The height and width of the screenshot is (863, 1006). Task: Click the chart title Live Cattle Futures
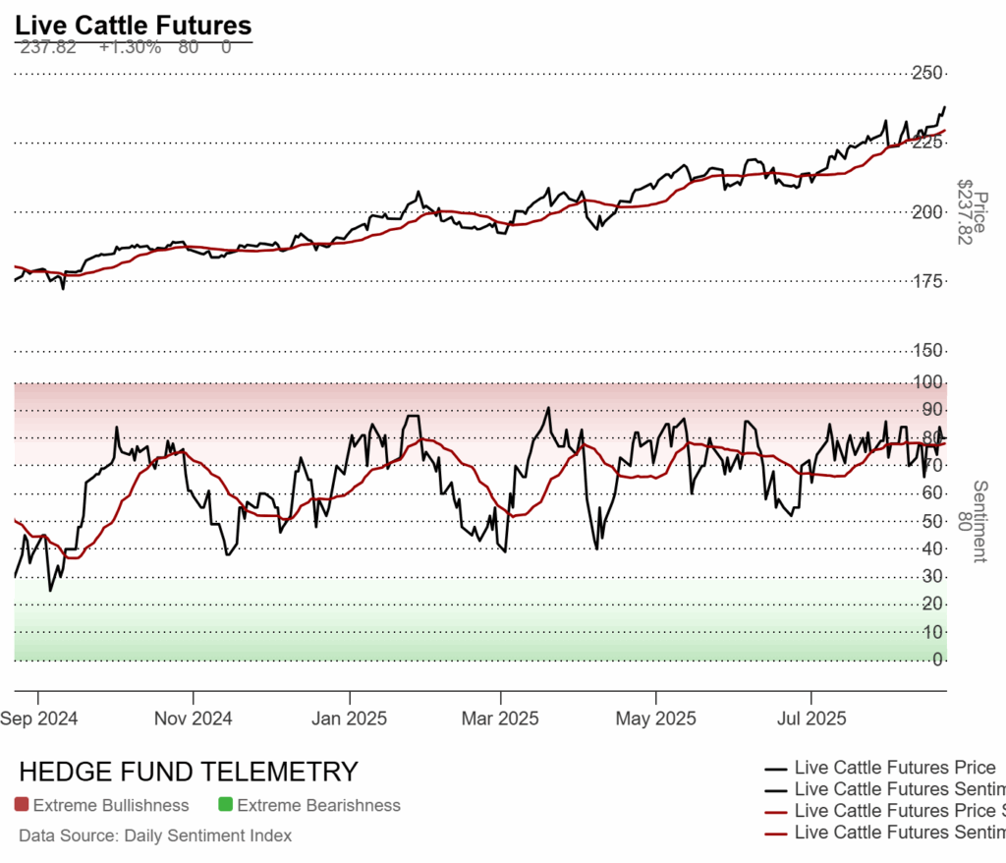click(134, 26)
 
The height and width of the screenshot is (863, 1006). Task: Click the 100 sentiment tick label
click(930, 382)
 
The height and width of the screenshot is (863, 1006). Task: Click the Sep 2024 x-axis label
click(39, 719)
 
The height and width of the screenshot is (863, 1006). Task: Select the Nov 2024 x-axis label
click(194, 719)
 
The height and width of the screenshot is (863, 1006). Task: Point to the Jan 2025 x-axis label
click(349, 719)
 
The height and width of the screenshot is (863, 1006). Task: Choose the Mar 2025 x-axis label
click(500, 719)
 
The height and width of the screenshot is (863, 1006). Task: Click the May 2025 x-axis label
click(655, 719)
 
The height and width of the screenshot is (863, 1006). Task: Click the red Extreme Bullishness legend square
click(22, 806)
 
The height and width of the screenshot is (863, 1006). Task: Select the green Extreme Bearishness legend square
click(225, 806)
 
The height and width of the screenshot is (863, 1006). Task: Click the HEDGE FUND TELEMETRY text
click(189, 772)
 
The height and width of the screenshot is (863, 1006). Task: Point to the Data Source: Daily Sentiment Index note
click(155, 836)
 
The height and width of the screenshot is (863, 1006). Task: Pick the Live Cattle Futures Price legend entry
click(894, 768)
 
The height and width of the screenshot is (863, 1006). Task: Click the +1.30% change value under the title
click(130, 47)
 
